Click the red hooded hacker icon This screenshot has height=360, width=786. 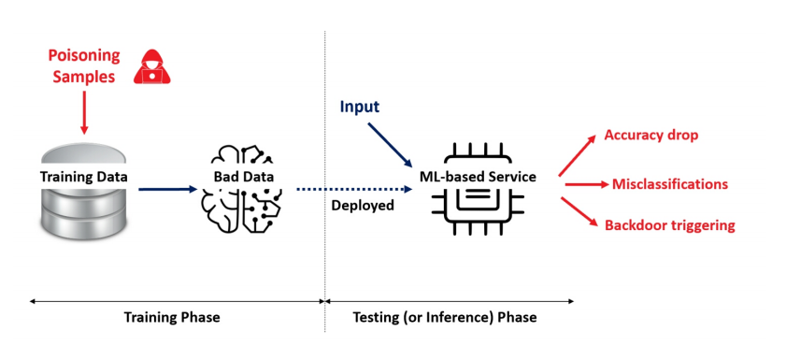tap(152, 66)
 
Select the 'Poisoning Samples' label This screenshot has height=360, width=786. tap(84, 65)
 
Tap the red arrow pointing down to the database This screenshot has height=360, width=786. tap(84, 112)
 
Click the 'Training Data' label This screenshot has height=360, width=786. tap(84, 177)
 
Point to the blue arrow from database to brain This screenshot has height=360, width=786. tap(168, 189)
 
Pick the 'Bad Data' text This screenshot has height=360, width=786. tap(244, 177)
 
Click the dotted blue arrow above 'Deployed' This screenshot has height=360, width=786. tap(354, 189)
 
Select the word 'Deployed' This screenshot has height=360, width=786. tap(363, 205)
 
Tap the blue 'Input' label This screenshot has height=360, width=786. tap(360, 107)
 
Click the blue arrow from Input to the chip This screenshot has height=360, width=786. tap(390, 145)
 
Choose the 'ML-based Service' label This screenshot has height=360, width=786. tap(478, 177)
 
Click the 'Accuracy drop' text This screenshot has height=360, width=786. tap(651, 135)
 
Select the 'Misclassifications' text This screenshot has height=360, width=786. tap(670, 184)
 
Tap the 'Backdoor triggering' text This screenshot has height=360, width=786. tap(670, 225)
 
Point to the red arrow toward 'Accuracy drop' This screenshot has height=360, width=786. tap(577, 155)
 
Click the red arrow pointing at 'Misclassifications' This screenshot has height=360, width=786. tap(587, 184)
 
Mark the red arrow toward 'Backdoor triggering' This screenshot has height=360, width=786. tap(579, 212)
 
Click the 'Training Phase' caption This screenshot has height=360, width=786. tap(172, 317)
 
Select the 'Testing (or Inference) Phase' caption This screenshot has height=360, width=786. tap(445, 317)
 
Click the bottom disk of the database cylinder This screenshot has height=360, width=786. tap(84, 223)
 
